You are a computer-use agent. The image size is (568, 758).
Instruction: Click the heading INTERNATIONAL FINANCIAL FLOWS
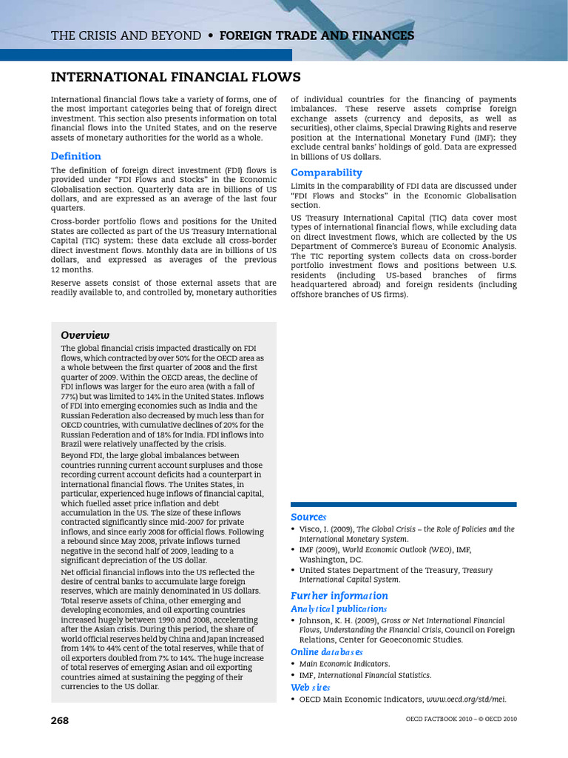[175, 77]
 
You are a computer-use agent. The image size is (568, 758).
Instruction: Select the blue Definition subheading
[75, 156]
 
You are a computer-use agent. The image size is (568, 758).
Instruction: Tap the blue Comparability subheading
[326, 172]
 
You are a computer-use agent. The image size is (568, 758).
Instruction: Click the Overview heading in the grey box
[85, 335]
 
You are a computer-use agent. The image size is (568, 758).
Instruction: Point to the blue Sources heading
[308, 517]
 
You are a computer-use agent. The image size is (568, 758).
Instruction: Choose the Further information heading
[339, 595]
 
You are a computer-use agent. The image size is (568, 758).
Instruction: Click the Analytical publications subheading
[339, 608]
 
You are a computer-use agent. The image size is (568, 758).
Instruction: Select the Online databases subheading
[327, 651]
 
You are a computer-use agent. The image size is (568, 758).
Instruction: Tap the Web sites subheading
[310, 687]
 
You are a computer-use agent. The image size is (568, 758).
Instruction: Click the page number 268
[60, 720]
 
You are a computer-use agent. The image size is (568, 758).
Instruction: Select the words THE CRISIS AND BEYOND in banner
[126, 36]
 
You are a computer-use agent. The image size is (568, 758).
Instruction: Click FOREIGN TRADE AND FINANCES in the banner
[317, 36]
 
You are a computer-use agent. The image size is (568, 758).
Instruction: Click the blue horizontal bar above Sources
[404, 504]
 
